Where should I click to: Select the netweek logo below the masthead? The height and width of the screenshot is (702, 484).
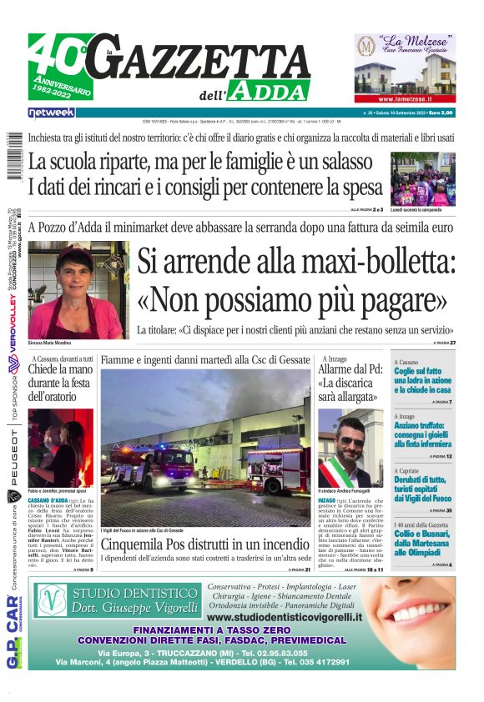coord(51,112)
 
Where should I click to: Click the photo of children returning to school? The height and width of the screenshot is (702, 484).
coord(423,178)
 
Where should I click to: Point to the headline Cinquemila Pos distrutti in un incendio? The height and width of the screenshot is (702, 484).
coord(205,541)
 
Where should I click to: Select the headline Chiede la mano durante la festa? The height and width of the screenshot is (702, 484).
coord(60,383)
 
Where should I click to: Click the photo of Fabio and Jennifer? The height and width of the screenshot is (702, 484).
coord(60,448)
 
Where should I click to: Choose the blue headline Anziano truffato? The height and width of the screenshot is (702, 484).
coord(424,434)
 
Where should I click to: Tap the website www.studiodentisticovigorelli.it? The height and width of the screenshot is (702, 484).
coord(284,617)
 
